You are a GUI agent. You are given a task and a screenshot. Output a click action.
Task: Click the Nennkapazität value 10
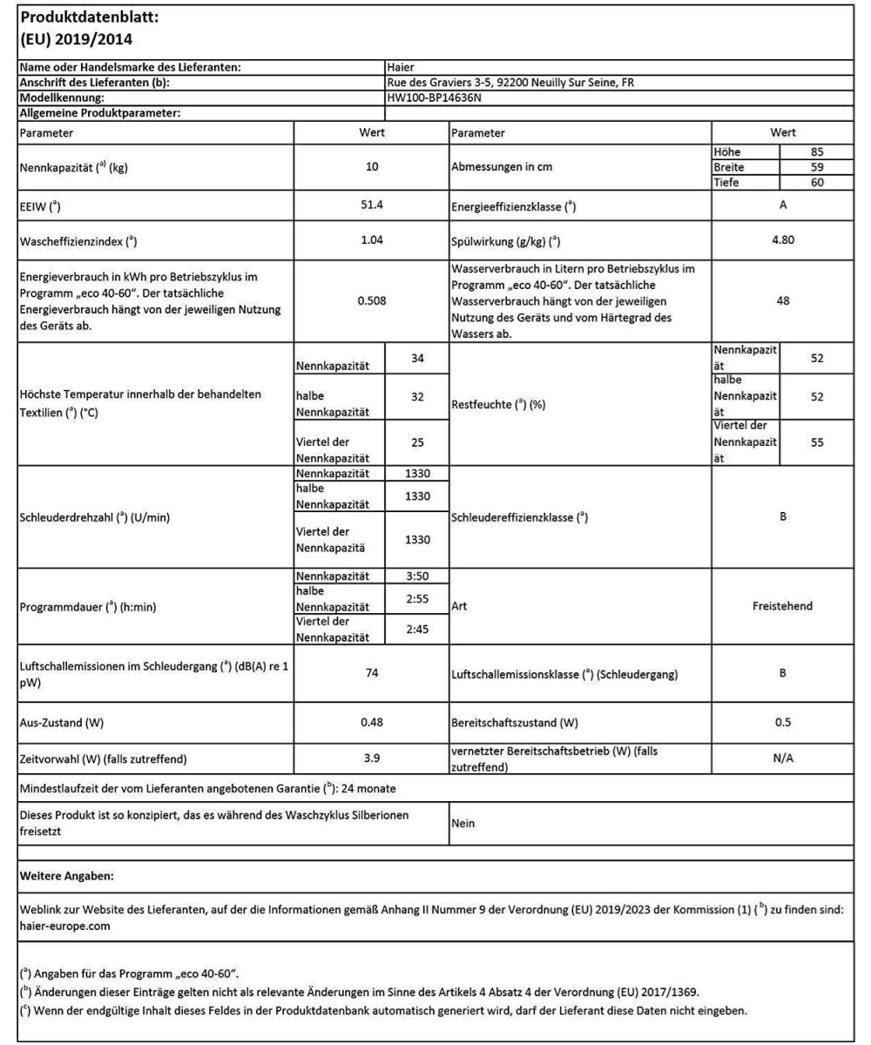371,167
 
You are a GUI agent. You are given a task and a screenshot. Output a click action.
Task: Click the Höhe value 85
816,152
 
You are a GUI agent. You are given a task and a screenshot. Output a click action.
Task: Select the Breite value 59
816,166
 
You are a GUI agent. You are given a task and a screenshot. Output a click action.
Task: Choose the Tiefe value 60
816,181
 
